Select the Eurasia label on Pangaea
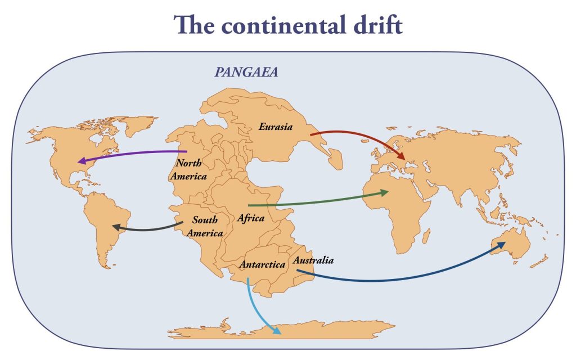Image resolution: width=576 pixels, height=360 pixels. point(276,127)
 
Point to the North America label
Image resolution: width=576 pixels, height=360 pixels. point(192,169)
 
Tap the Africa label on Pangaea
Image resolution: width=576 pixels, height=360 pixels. point(251,218)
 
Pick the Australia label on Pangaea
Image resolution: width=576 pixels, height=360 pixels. point(313,260)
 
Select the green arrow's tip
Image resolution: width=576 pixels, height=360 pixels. point(385,193)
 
